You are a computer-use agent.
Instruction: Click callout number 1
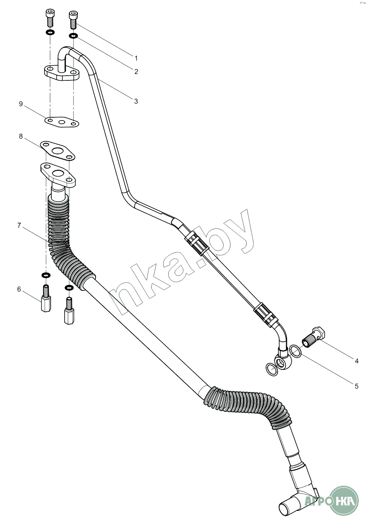coord(136,58)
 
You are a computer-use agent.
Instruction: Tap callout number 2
coord(136,71)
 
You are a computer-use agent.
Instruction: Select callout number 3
coord(136,101)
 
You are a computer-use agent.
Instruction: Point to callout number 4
coord(356,361)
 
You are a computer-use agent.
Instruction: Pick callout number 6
coord(19,289)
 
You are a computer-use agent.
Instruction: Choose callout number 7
coord(19,225)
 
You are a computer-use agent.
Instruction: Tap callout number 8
coord(21,136)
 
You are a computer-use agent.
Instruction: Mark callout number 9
coord(21,104)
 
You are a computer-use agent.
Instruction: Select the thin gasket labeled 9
coord(62,122)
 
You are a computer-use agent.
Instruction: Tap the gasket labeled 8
coord(57,151)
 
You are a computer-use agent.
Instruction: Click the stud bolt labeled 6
coord(46,298)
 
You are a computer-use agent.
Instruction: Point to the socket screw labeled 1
coord(72,20)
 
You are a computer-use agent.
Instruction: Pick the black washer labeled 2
coord(73,36)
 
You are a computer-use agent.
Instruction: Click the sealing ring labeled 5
coord(295,351)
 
